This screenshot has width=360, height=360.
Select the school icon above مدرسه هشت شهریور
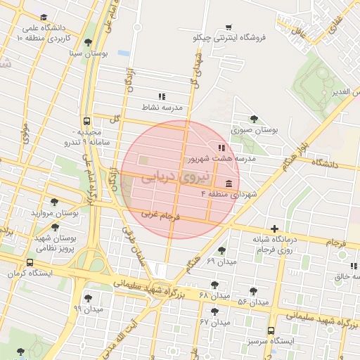[222, 148]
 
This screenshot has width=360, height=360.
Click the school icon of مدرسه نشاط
[162, 96]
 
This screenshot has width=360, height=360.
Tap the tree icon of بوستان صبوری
[253, 119]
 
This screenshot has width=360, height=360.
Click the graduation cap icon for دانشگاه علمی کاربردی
[44, 17]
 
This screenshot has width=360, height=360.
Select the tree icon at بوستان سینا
[87, 42]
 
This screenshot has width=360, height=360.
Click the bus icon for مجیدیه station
[86, 121]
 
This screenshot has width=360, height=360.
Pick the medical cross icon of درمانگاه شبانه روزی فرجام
[274, 229]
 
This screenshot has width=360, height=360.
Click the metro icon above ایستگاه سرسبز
[271, 330]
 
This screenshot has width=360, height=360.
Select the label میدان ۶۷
[215, 322]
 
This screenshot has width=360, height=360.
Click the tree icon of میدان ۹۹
[88, 298]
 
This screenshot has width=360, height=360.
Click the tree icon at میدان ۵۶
[253, 291]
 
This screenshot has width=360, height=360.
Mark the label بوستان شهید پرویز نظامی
[55, 243]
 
